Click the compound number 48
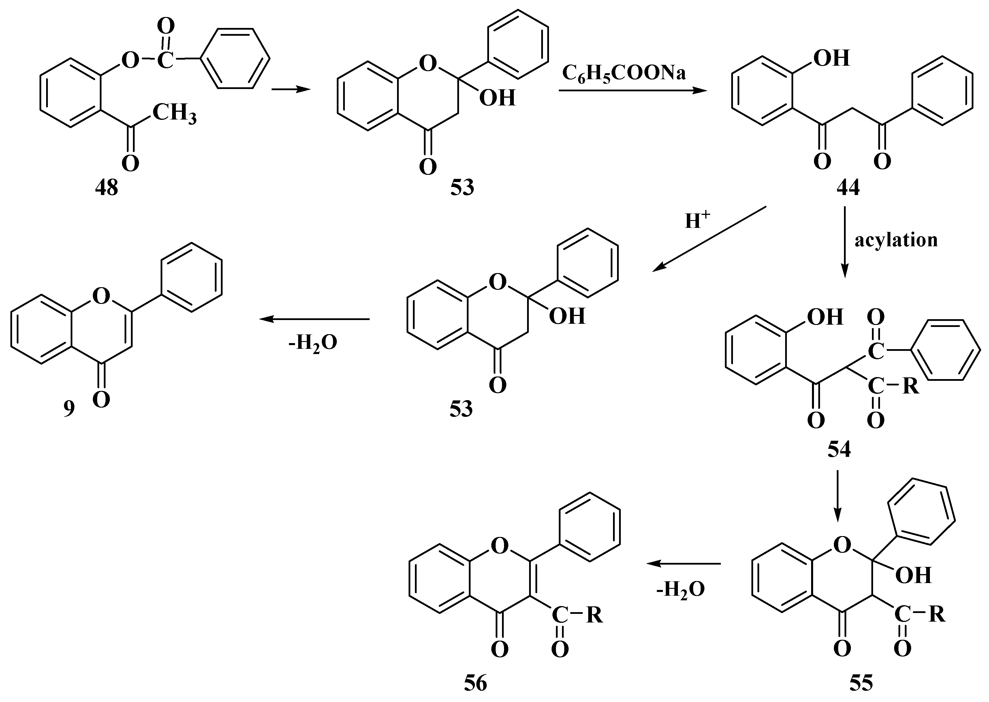click(x=106, y=188)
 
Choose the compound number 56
click(x=475, y=683)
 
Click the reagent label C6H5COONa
click(x=624, y=73)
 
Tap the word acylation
click(x=896, y=240)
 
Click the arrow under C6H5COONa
click(x=632, y=91)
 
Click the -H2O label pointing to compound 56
click(x=680, y=589)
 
